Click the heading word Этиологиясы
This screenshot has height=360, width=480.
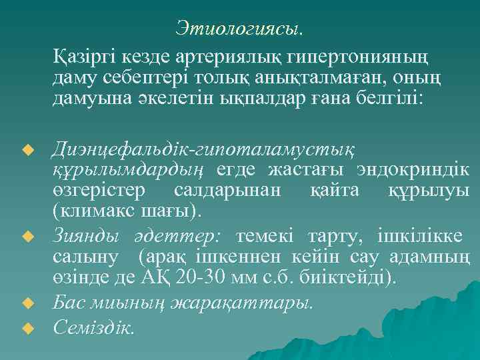point(239,28)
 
